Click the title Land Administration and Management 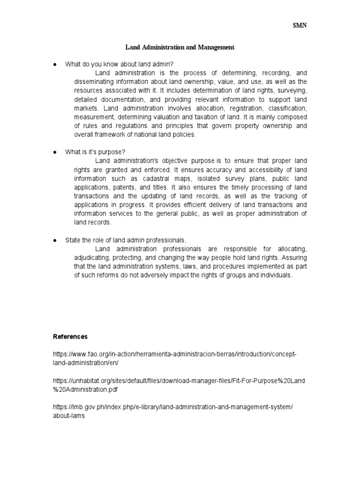[x=180, y=47]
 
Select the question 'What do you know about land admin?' [x=122, y=64]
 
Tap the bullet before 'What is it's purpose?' [x=54, y=152]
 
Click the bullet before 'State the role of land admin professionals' [x=54, y=240]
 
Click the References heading [x=70, y=337]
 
